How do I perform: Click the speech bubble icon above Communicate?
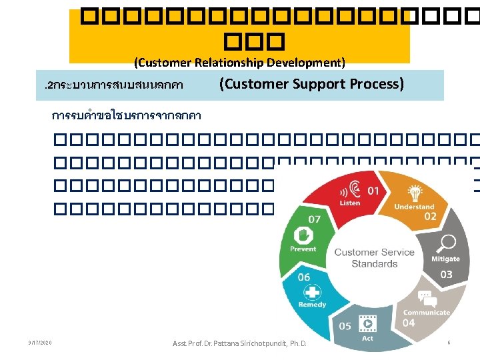(x=424, y=297)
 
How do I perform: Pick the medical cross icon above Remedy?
(x=311, y=291)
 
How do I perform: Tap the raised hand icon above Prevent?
(x=303, y=235)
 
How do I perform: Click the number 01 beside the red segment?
(x=373, y=191)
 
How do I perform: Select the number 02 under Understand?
(x=430, y=217)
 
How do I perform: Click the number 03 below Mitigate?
(x=446, y=274)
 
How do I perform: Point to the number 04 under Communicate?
(x=408, y=323)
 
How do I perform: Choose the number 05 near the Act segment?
(x=345, y=326)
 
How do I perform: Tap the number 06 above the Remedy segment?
(x=303, y=277)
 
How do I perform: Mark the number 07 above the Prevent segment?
(x=313, y=219)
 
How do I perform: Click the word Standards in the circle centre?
(x=375, y=264)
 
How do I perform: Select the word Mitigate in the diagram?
(x=445, y=259)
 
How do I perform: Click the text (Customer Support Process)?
(x=311, y=84)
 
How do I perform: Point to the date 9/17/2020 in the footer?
(x=40, y=343)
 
